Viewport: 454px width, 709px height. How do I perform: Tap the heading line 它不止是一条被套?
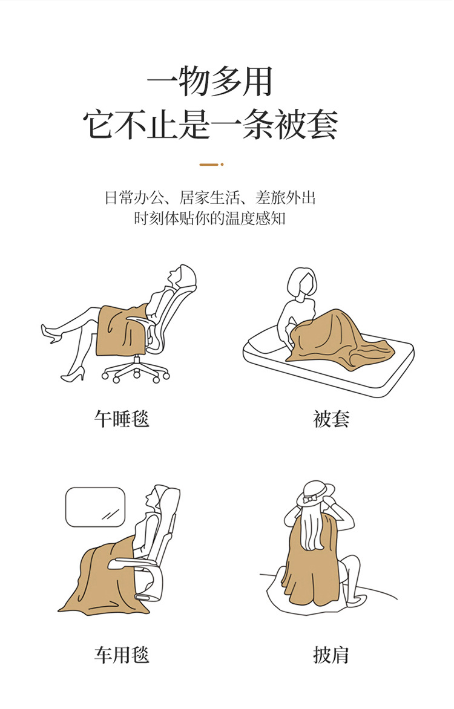(x=210, y=124)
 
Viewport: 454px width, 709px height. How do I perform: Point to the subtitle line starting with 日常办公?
(x=210, y=198)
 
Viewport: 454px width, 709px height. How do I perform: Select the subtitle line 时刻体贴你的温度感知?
(x=210, y=218)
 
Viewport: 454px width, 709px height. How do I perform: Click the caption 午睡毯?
(x=122, y=419)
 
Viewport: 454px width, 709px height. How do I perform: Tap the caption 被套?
(x=331, y=419)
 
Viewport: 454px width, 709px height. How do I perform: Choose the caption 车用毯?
(x=122, y=655)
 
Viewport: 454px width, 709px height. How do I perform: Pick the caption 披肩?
(x=331, y=655)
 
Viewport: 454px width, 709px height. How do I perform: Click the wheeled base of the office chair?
(x=135, y=371)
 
